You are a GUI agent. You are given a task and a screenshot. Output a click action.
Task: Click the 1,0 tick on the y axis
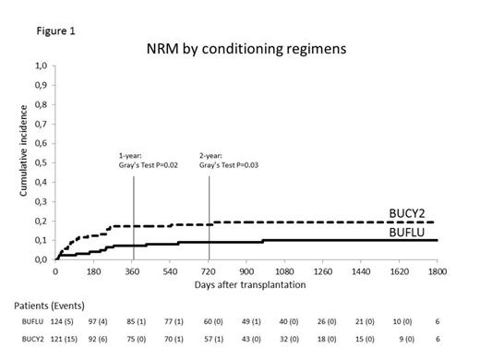click(40, 66)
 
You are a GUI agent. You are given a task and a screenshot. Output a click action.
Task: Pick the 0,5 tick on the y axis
click(40, 163)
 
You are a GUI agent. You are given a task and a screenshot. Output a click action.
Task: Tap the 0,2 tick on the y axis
click(40, 222)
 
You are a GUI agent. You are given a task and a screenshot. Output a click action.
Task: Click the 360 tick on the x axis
click(132, 271)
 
